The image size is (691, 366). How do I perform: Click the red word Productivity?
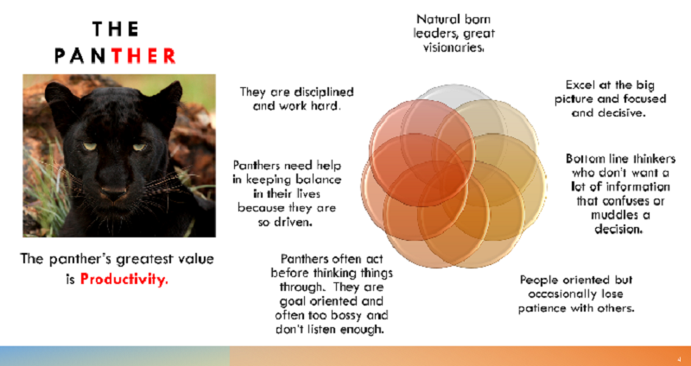124,279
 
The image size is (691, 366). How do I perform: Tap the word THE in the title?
116,29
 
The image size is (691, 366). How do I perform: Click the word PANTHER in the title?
116,56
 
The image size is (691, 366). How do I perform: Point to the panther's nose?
114,192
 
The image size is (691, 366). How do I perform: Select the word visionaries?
453,47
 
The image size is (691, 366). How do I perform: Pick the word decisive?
622,113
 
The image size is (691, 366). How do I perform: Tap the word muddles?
616,216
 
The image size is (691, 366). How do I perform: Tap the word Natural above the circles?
434,19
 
